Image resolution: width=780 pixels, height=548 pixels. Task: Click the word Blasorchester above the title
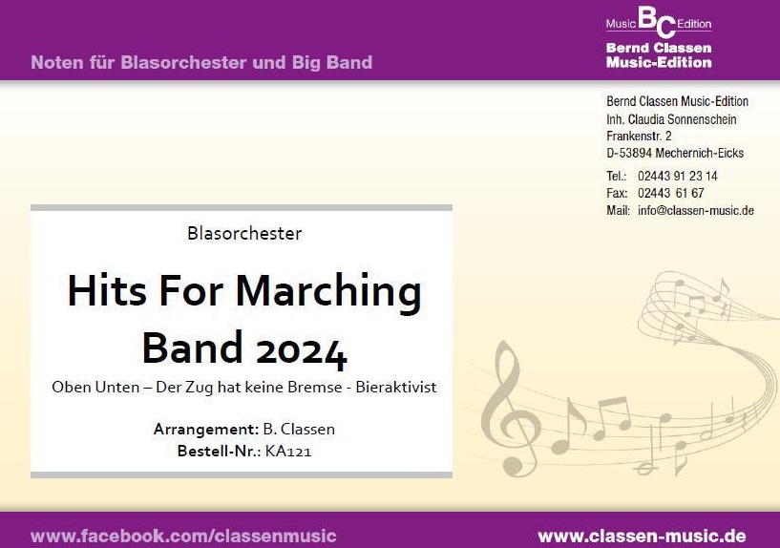(245, 233)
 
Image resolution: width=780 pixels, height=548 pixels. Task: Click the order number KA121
(288, 451)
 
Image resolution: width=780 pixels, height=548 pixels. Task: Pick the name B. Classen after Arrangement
(299, 430)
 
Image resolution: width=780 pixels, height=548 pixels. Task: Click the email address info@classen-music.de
(696, 210)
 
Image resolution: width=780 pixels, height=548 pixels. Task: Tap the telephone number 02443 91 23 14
(677, 176)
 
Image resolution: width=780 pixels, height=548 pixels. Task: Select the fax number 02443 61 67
(670, 193)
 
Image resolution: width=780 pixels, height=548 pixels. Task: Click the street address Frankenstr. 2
(639, 137)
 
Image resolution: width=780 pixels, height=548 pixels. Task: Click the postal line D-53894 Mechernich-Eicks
(675, 153)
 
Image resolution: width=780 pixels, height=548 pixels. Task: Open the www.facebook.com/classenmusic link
(183, 536)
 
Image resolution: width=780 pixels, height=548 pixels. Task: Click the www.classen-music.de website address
(642, 536)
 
